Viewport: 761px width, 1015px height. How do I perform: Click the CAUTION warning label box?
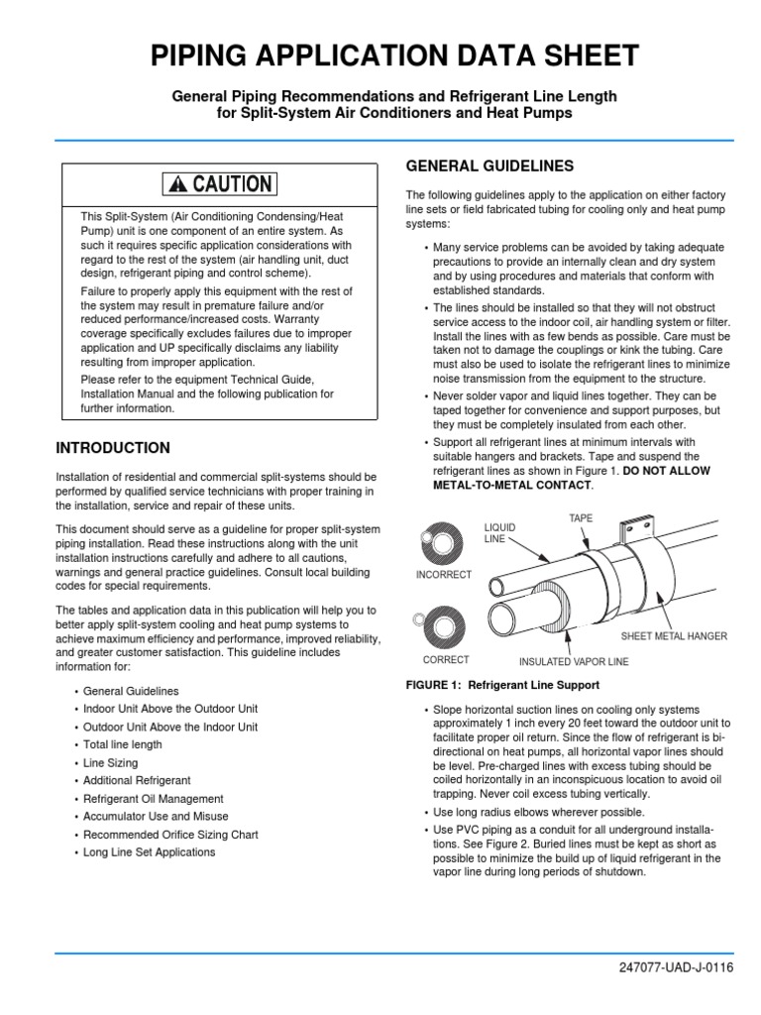coord(221,183)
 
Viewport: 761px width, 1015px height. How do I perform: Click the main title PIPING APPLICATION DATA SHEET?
coord(394,56)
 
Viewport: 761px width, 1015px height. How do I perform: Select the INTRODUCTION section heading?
coord(113,448)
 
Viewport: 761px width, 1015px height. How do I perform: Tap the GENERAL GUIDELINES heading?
coord(489,166)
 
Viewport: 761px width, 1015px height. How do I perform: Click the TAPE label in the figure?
coord(581,518)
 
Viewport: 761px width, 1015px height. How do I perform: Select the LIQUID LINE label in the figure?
coord(495,532)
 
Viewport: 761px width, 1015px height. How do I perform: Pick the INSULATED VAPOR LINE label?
coord(574,660)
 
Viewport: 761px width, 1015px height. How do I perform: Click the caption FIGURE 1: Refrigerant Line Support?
coord(503,685)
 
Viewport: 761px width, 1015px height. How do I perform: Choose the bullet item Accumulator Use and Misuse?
coord(154,816)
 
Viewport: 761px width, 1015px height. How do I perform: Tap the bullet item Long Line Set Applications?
coord(149,852)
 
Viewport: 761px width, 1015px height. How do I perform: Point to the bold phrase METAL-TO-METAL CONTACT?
coord(513,486)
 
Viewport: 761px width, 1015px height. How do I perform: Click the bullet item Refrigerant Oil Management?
coord(153,798)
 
